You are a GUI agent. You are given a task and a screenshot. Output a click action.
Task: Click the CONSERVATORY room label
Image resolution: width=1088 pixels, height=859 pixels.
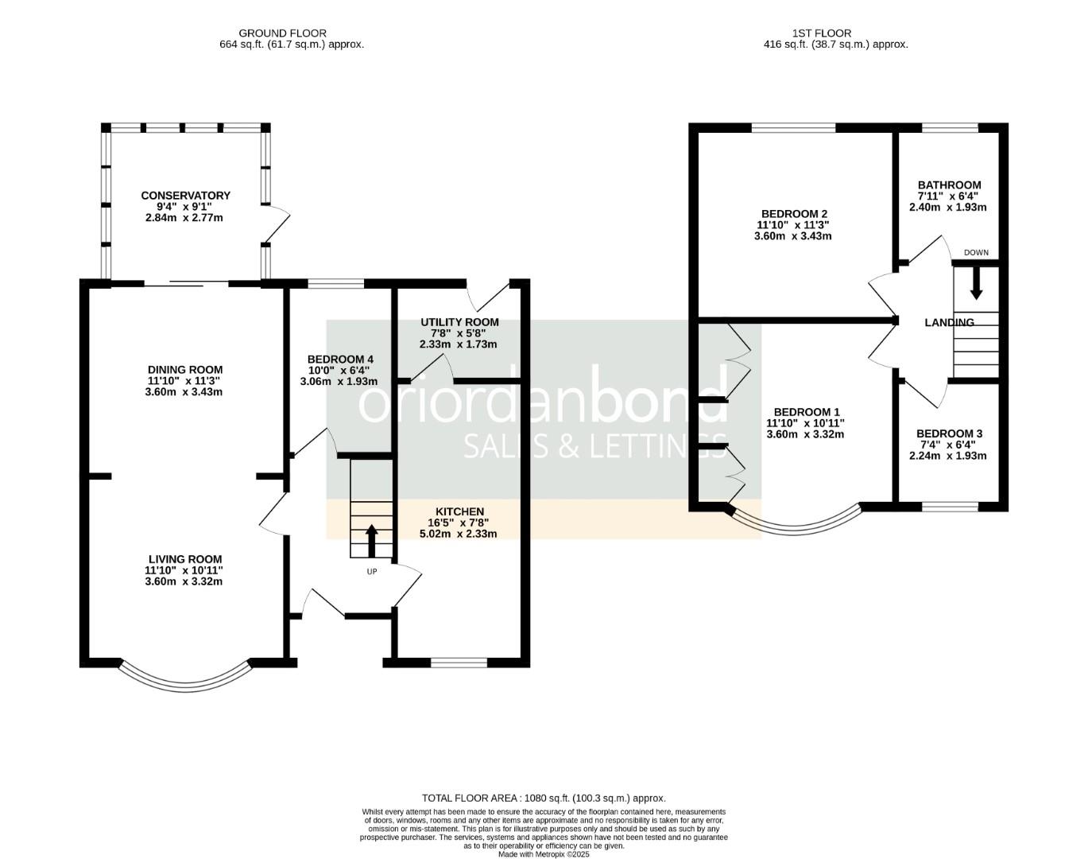[x=185, y=196]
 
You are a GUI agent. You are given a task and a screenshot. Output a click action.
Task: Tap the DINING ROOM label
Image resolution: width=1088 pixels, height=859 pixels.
[x=185, y=370]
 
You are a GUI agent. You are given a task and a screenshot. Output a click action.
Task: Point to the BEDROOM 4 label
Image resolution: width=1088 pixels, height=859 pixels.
[x=340, y=360]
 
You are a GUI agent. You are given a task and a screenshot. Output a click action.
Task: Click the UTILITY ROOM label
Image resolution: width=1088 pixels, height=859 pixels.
[x=459, y=322]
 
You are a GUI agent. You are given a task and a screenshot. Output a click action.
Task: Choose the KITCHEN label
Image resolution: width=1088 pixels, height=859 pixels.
[x=459, y=511]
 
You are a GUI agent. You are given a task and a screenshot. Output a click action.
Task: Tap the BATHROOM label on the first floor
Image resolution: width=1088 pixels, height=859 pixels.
[x=949, y=185]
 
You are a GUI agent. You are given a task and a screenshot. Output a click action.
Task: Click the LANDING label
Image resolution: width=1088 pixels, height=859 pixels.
[x=949, y=322]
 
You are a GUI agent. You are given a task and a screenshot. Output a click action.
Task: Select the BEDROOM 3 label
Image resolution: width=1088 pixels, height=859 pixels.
[x=949, y=433]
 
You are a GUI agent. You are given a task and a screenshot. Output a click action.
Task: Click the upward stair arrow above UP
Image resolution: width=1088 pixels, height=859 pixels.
[x=371, y=540]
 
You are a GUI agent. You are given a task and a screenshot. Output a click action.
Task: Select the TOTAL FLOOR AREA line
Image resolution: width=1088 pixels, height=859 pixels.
[x=544, y=798]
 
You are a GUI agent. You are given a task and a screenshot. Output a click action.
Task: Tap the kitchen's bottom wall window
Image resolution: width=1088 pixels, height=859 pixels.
[x=459, y=662]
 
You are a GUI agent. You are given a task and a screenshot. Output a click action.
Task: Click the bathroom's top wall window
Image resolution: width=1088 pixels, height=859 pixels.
[x=949, y=127]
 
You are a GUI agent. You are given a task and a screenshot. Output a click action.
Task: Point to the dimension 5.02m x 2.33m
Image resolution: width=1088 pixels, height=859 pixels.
[x=459, y=534]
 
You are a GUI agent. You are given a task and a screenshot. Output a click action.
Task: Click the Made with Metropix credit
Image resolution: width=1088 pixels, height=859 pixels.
[x=544, y=854]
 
